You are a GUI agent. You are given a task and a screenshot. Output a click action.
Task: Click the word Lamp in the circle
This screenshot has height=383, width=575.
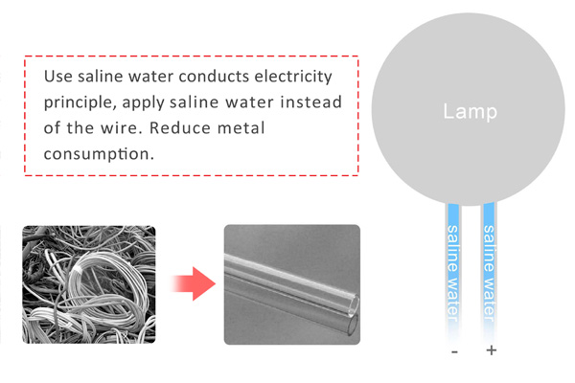click(470, 112)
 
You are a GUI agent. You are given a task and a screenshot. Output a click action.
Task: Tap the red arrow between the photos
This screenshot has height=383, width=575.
click(189, 284)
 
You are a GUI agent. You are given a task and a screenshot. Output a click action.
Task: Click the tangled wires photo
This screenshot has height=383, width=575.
click(88, 283)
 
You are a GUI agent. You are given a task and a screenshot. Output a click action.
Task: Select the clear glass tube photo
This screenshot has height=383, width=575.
click(290, 284)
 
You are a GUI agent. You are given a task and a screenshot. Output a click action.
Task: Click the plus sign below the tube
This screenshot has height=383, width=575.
click(492, 350)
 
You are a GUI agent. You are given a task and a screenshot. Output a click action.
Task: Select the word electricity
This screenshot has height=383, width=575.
click(297, 76)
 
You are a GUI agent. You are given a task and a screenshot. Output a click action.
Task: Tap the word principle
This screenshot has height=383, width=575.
click(82, 101)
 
